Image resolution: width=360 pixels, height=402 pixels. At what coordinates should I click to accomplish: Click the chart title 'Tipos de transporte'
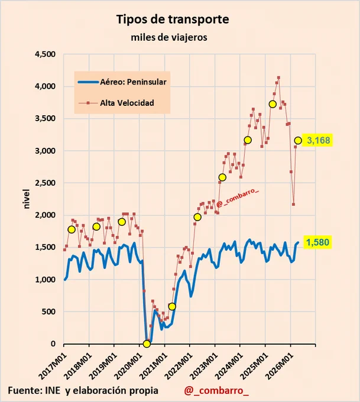pyautogui.click(x=173, y=20)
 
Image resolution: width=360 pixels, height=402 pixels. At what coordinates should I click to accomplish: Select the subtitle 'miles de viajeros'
pyautogui.click(x=169, y=37)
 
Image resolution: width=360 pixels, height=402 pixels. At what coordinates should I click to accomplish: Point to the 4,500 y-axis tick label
pyautogui.click(x=45, y=54)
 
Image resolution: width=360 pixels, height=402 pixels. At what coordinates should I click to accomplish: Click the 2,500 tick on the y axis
pyautogui.click(x=45, y=183)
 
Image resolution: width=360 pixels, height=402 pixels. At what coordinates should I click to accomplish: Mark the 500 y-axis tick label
pyautogui.click(x=49, y=312)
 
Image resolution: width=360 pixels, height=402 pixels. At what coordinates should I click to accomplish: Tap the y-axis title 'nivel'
pyautogui.click(x=27, y=199)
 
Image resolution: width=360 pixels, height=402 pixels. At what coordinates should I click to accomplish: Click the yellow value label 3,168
pyautogui.click(x=318, y=140)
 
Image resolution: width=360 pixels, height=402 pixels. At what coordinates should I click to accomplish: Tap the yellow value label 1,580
pyautogui.click(x=317, y=242)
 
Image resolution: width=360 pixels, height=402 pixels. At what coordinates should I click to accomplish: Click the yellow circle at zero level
pyautogui.click(x=147, y=344)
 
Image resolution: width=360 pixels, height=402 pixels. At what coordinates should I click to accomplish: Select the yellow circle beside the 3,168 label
pyautogui.click(x=298, y=141)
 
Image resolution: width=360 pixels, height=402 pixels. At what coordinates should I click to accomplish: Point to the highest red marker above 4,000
pyautogui.click(x=278, y=77)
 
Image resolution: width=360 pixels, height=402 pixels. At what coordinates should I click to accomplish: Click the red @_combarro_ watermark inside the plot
pyautogui.click(x=237, y=198)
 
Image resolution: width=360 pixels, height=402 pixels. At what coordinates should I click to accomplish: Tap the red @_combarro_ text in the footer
pyautogui.click(x=216, y=391)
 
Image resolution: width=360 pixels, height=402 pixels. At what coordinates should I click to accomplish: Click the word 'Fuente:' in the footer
pyautogui.click(x=24, y=390)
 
